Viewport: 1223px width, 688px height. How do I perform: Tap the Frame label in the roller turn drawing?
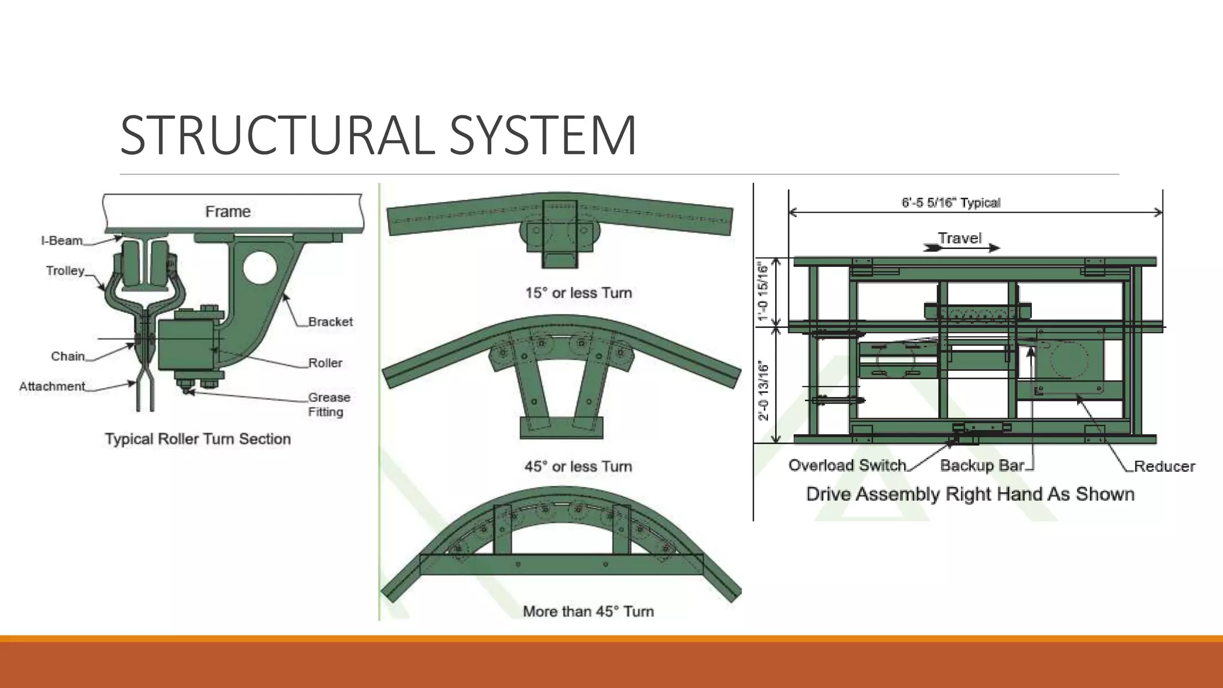[228, 212]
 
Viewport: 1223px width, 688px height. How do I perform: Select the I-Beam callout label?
[62, 241]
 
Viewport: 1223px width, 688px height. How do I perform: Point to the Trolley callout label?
[65, 271]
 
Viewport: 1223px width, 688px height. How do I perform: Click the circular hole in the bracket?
[260, 267]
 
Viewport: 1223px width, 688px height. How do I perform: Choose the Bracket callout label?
[330, 322]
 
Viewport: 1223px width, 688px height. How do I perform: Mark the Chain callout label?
[67, 357]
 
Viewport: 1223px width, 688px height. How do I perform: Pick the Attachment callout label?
[52, 386]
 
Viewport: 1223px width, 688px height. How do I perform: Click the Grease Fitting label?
[328, 404]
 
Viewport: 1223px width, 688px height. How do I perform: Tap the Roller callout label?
[325, 363]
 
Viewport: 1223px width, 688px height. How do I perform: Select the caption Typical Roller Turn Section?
[198, 439]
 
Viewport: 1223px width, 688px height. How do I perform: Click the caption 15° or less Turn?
[578, 293]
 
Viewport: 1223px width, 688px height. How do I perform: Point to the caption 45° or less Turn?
[578, 466]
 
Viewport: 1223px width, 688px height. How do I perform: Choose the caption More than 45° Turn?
[588, 612]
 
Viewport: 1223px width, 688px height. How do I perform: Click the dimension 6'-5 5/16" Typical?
[951, 203]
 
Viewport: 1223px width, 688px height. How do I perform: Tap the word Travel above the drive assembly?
[959, 238]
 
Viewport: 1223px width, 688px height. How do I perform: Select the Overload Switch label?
[847, 465]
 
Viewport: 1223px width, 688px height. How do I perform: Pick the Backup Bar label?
[982, 465]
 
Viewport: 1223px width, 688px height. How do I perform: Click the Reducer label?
[1164, 466]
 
